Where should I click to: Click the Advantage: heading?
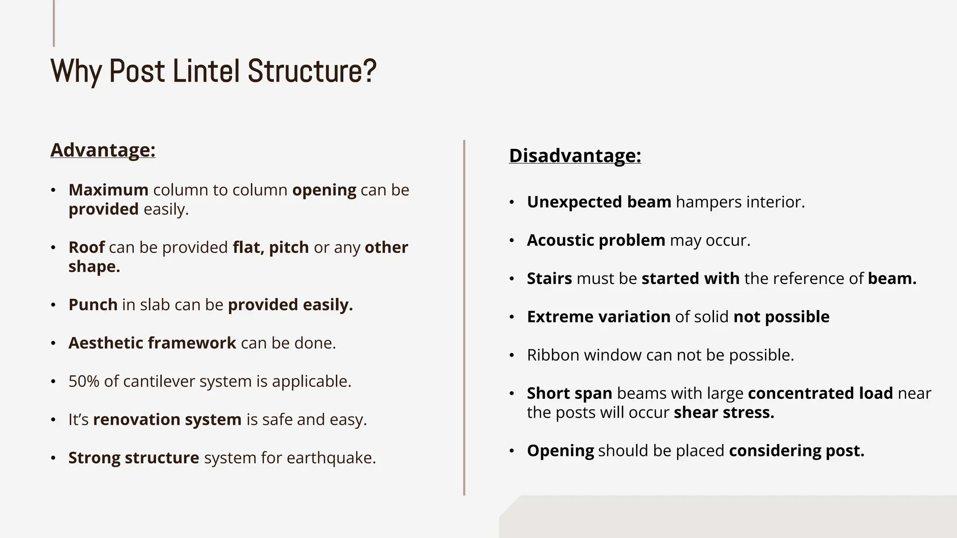[x=103, y=150]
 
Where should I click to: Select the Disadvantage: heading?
[x=575, y=156]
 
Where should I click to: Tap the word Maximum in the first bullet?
[x=108, y=190]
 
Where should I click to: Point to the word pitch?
[x=289, y=248]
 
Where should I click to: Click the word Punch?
[x=93, y=305]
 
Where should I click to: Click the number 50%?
[x=84, y=382]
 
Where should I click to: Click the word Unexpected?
[x=574, y=202]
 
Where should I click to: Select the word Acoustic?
[x=560, y=241]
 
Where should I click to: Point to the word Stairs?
[x=549, y=279]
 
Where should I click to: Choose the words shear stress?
[x=723, y=413]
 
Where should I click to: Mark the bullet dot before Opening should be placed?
[x=512, y=451]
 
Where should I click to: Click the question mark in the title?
[x=370, y=71]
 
